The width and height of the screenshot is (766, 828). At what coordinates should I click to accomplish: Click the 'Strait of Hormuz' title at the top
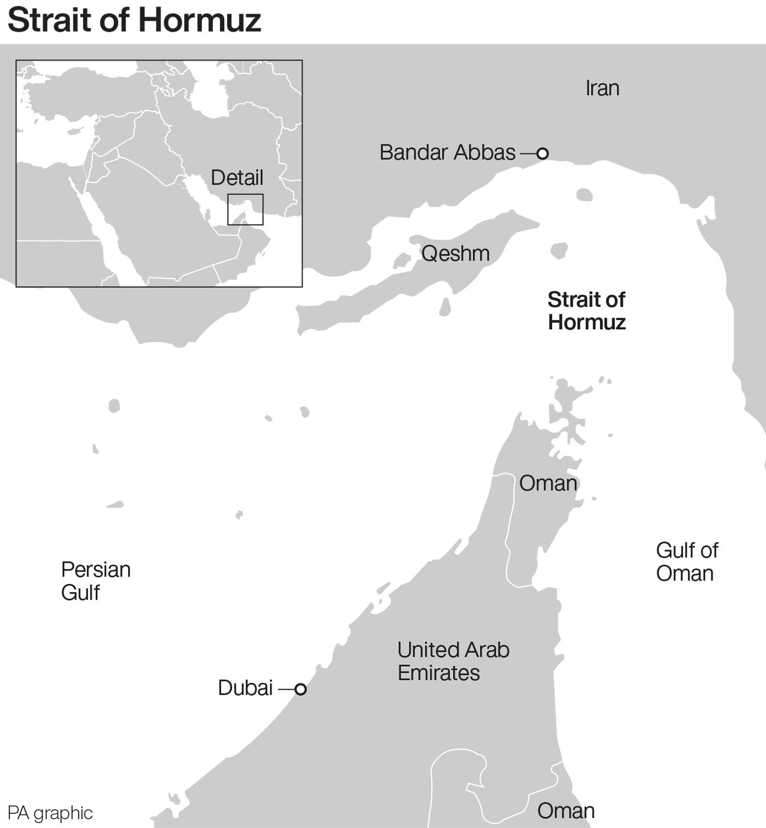point(134,20)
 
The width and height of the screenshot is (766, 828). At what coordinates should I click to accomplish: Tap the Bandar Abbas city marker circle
point(542,153)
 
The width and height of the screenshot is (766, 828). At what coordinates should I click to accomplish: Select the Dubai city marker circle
point(300,689)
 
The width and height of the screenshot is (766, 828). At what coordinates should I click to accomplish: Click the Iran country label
point(602,89)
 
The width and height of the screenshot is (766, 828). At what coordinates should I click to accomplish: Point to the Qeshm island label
point(455,254)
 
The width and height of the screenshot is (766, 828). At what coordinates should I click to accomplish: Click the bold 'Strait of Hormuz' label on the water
point(587,311)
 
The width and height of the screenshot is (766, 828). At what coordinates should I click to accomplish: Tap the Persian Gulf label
point(95,581)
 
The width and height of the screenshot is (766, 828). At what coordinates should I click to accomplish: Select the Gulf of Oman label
point(687,562)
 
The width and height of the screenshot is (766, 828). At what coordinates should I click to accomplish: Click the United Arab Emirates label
point(453,661)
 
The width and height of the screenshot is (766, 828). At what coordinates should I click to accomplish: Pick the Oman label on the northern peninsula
point(548,483)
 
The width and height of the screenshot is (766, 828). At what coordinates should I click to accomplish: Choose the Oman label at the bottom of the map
point(566,810)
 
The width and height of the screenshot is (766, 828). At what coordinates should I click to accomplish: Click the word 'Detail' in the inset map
point(237,178)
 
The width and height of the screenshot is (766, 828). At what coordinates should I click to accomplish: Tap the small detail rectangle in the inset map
point(245,209)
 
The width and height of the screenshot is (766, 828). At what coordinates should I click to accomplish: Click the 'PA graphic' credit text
point(50,813)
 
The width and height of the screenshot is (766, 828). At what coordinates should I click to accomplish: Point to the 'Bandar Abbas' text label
point(448,153)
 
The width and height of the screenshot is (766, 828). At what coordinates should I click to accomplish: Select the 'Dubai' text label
point(245,688)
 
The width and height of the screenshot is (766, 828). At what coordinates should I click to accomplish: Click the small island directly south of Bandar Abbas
point(584,195)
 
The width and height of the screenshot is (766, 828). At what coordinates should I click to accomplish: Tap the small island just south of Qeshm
point(445,307)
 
